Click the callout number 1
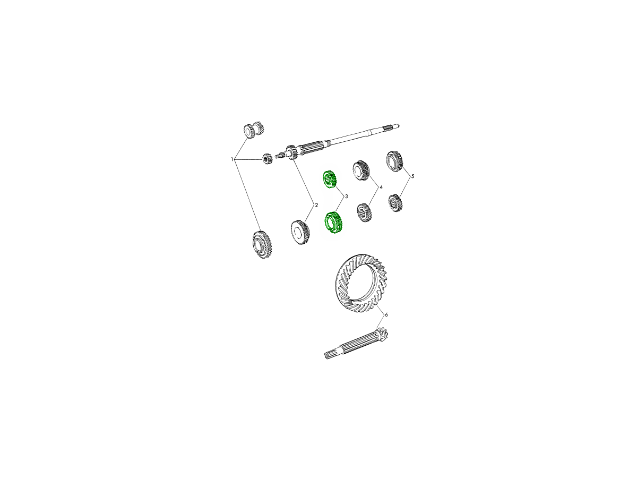(232, 159)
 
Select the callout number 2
(316, 205)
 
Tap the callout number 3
(346, 197)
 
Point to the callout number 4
(381, 187)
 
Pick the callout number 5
(412, 176)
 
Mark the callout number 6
(386, 314)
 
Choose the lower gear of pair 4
(364, 213)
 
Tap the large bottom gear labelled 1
(262, 244)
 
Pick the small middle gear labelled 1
(266, 159)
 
